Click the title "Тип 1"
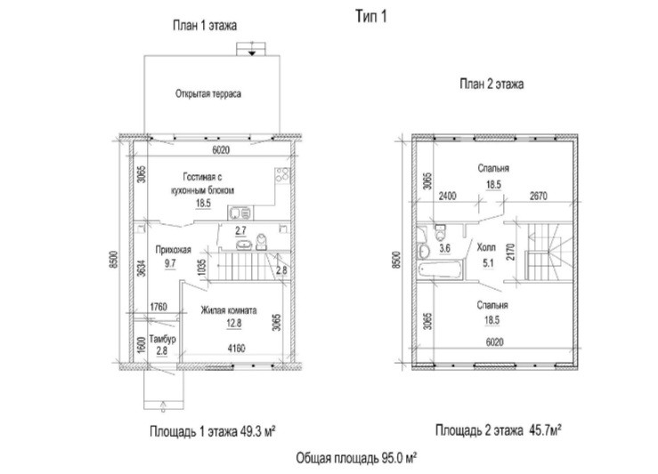(x=371, y=16)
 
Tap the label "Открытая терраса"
(x=208, y=93)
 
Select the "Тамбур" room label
(x=162, y=339)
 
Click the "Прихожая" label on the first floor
(x=174, y=250)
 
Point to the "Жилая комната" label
(x=229, y=310)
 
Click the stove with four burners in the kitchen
(x=282, y=175)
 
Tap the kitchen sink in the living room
(x=240, y=213)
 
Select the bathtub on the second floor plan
(x=441, y=269)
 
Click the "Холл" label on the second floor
(x=486, y=247)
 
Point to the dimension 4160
(x=236, y=349)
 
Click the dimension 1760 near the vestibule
(x=158, y=307)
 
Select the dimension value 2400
(x=447, y=196)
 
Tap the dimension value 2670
(x=539, y=196)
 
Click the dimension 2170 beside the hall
(x=510, y=252)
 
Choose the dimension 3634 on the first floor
(x=142, y=269)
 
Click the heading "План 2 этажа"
(x=491, y=84)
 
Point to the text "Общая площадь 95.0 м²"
(x=356, y=458)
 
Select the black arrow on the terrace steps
(x=251, y=52)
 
